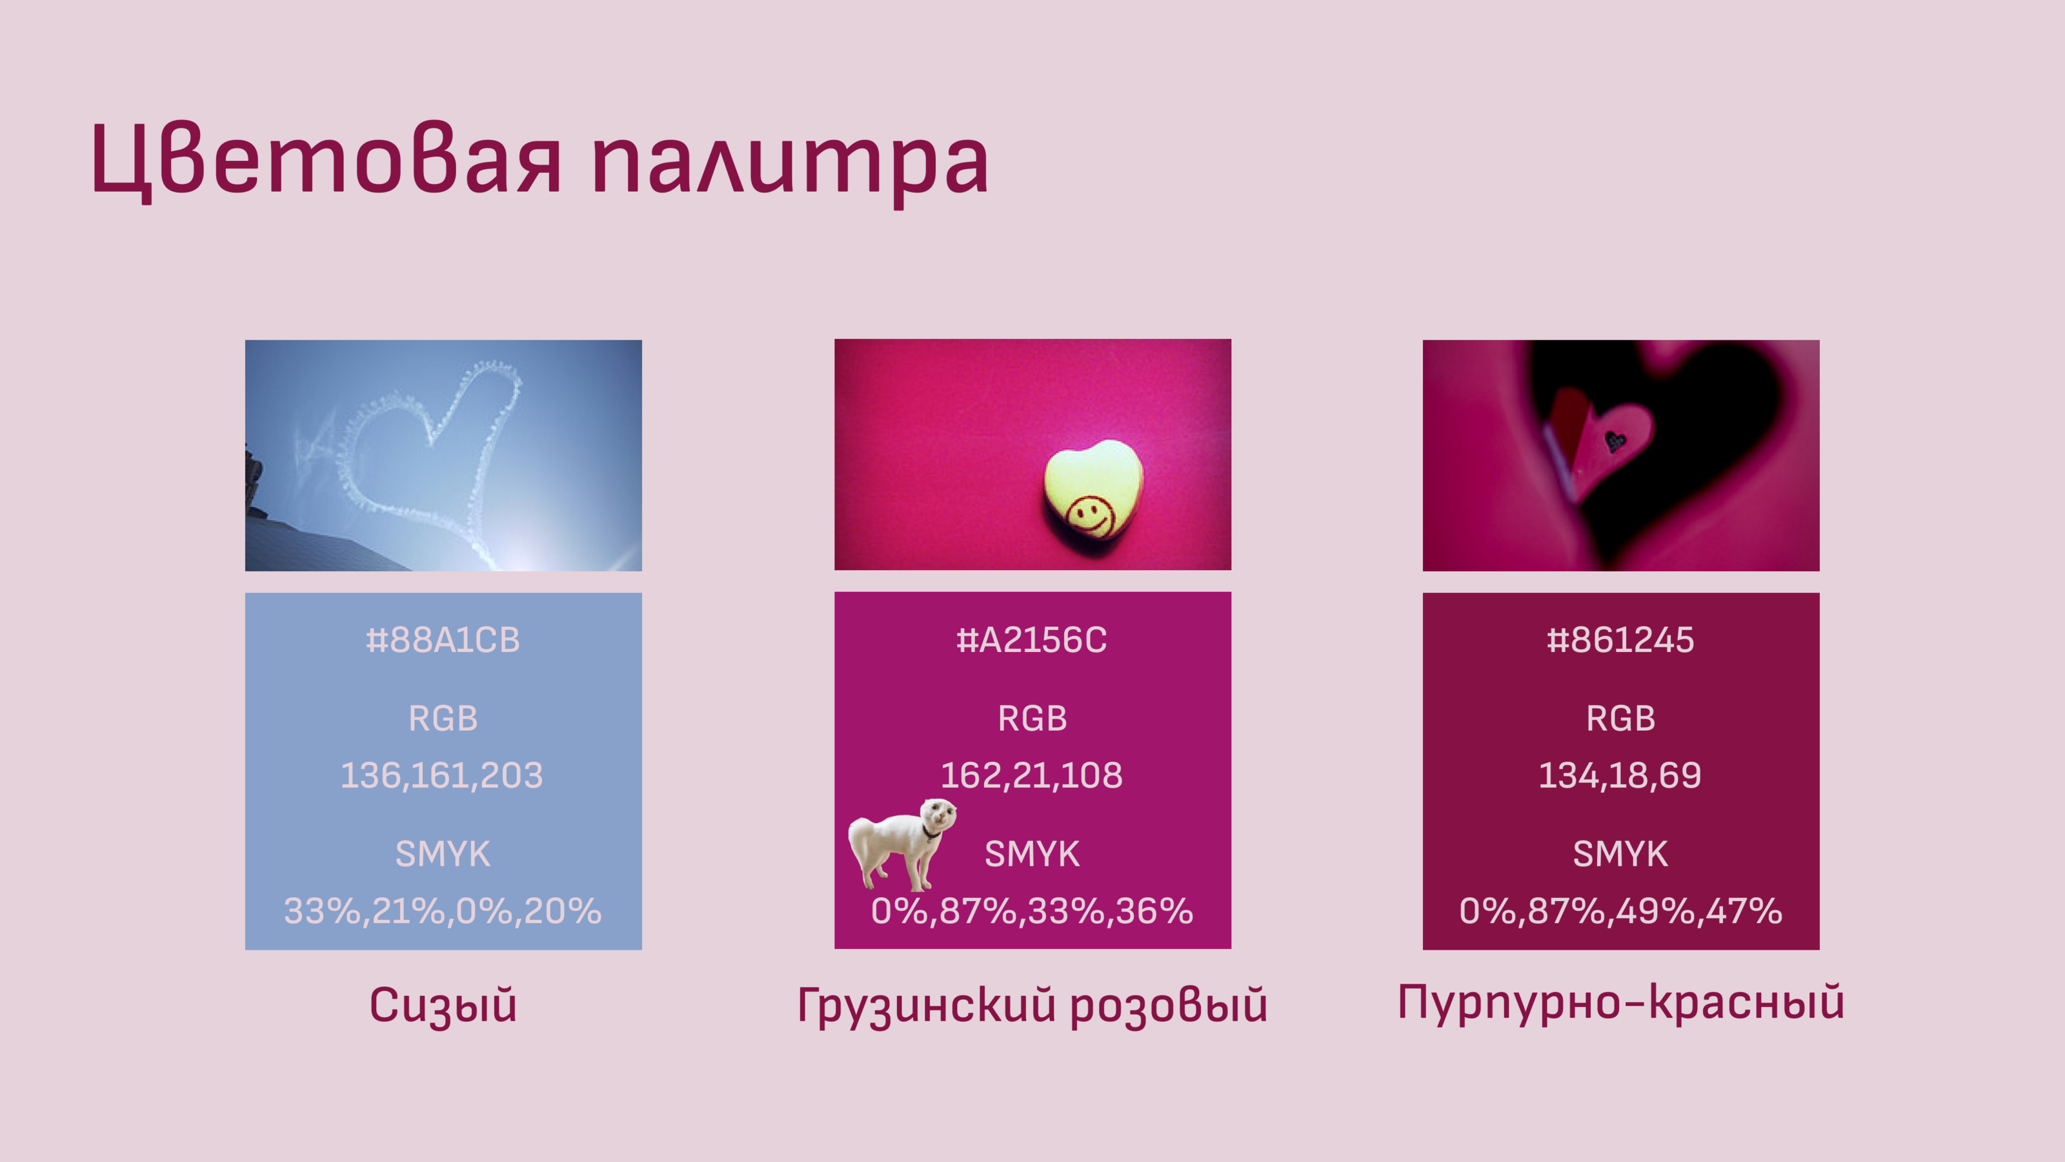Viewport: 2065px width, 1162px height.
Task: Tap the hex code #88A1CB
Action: (443, 640)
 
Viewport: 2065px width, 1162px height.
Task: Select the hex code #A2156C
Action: (1032, 640)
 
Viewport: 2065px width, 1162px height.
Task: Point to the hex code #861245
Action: (1620, 640)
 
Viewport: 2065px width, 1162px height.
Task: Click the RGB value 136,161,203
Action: (441, 775)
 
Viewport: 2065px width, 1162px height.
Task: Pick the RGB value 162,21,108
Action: (1032, 775)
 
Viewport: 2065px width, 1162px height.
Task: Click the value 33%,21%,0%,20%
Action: (443, 911)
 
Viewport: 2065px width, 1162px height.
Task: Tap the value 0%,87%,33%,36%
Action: (1032, 911)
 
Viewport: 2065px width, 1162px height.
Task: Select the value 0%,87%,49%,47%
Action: (1621, 911)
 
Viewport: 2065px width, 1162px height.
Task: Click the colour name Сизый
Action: (443, 1006)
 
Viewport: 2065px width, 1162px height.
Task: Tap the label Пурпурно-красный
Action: (1621, 1003)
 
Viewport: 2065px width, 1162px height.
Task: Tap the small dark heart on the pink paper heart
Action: (1615, 440)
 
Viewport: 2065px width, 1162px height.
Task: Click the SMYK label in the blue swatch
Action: (443, 854)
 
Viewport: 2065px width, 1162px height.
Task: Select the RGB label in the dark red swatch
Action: (1620, 719)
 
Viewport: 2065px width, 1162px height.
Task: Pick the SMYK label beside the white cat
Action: (1032, 854)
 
